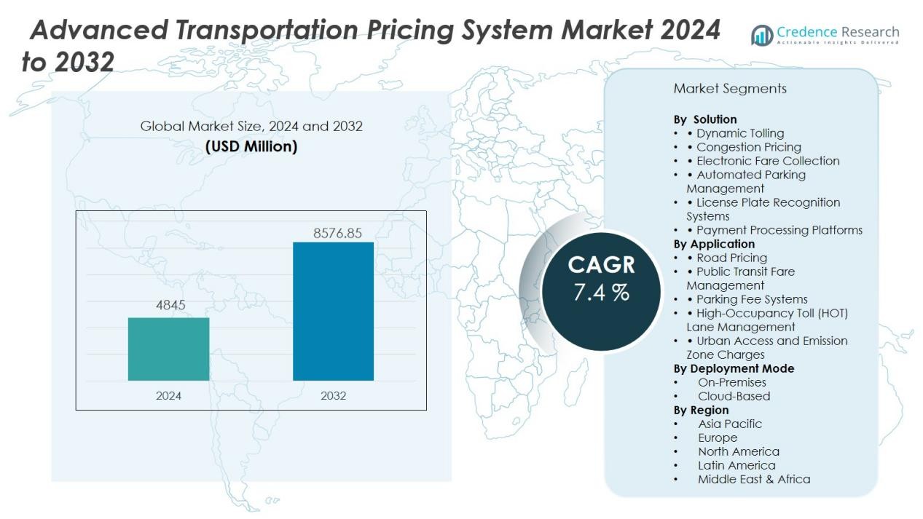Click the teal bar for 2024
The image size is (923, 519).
click(168, 349)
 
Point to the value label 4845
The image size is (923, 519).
click(170, 306)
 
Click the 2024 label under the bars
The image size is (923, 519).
click(168, 396)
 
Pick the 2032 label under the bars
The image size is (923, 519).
click(333, 396)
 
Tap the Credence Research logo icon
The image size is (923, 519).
click(762, 35)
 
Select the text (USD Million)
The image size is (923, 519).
click(251, 146)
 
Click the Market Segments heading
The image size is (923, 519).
click(730, 89)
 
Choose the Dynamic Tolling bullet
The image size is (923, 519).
click(739, 133)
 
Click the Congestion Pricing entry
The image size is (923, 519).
click(748, 147)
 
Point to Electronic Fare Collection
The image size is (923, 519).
click(768, 161)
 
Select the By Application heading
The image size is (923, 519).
click(714, 244)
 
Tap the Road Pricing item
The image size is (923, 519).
click(731, 258)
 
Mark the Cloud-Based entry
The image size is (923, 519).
click(734, 396)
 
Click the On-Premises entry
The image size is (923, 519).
click(732, 382)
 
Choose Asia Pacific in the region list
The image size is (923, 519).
click(730, 424)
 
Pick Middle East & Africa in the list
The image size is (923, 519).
click(754, 479)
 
